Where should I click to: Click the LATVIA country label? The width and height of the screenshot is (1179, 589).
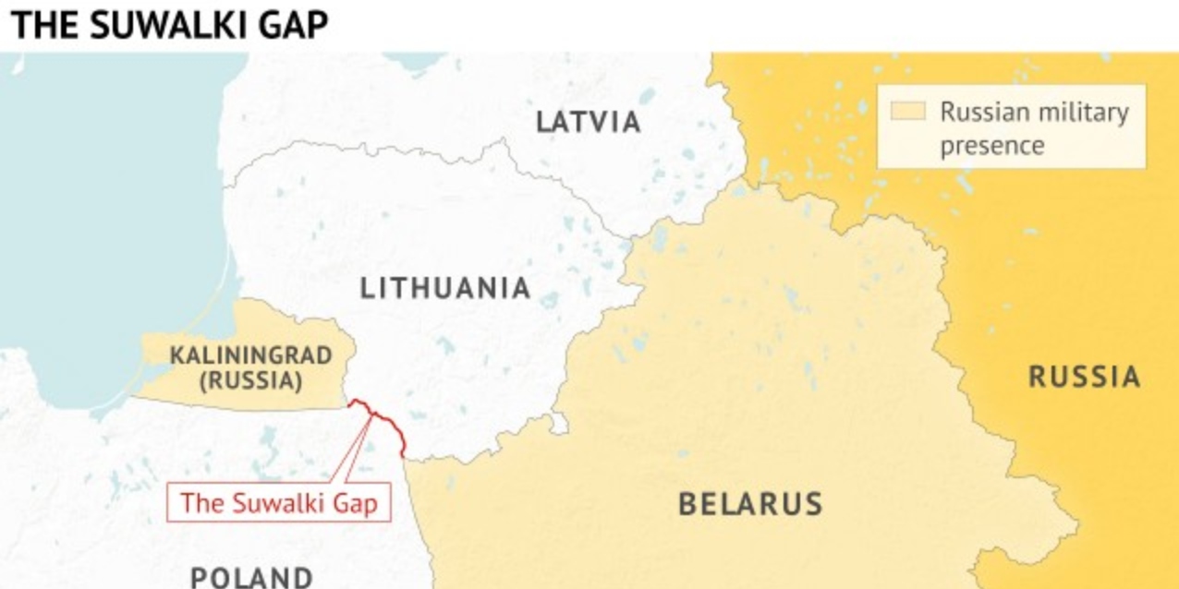[x=589, y=122]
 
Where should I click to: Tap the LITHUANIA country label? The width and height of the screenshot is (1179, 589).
[x=445, y=288]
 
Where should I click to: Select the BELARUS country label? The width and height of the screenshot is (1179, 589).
[x=750, y=504]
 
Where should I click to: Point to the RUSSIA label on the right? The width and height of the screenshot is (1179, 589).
[x=1084, y=377]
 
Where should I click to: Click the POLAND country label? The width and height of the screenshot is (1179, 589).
[x=251, y=577]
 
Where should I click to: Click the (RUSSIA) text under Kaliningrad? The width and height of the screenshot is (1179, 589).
[x=237, y=379]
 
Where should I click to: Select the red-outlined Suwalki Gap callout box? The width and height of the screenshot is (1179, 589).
[x=278, y=504]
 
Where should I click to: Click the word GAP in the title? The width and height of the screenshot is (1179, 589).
[x=294, y=26]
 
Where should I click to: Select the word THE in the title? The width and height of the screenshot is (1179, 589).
[x=44, y=26]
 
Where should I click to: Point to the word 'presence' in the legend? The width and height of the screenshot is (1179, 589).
[x=991, y=146]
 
